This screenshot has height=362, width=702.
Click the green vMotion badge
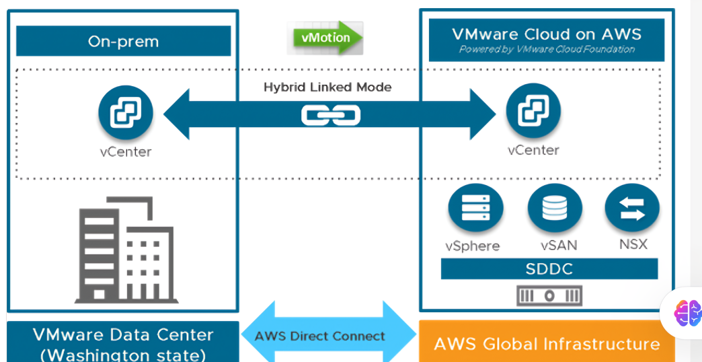click(x=325, y=38)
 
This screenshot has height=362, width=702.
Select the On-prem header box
click(x=123, y=42)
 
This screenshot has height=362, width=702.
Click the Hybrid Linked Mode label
click(x=327, y=87)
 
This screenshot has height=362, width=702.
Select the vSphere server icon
click(x=473, y=209)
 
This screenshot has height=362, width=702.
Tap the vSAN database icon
click(x=555, y=209)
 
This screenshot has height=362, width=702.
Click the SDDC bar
click(x=549, y=269)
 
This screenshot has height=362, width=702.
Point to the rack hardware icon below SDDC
click(x=549, y=295)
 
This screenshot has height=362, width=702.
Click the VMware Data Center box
click(x=123, y=343)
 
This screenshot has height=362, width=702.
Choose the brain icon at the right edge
click(x=687, y=313)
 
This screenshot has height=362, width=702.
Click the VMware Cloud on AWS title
click(x=547, y=34)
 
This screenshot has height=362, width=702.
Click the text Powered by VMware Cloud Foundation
click(x=547, y=50)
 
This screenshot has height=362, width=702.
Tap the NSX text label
click(x=633, y=244)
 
